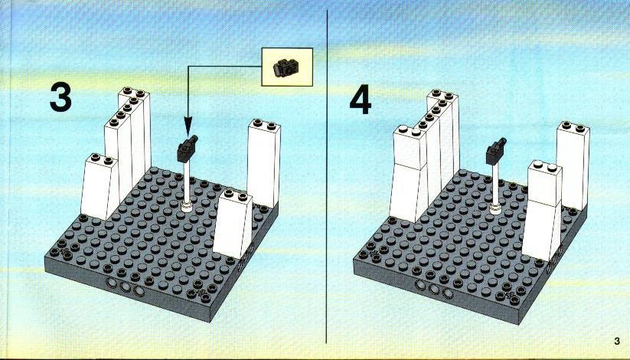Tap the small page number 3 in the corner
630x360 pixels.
[617, 341]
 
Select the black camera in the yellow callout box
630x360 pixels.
[286, 67]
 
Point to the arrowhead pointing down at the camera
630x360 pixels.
[188, 125]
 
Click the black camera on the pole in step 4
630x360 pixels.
[496, 152]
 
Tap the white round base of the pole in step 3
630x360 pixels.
[187, 207]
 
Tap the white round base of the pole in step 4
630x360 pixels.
[495, 208]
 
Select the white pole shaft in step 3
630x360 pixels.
[187, 182]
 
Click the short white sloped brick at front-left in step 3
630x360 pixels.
[100, 187]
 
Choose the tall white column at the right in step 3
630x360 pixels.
[263, 163]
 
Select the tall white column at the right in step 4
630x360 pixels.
[573, 165]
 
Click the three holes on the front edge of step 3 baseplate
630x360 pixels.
[125, 286]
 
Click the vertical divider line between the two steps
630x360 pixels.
[327, 177]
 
